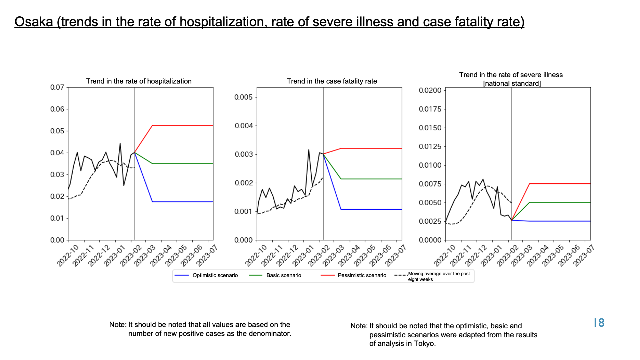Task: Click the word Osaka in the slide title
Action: tap(34, 22)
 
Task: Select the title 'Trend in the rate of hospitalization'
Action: tap(139, 81)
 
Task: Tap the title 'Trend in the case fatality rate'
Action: tap(332, 81)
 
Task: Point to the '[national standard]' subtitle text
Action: tap(512, 84)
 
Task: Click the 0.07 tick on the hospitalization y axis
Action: tap(57, 87)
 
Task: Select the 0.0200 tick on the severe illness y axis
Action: tap(430, 90)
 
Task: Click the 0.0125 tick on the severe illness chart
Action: tap(430, 147)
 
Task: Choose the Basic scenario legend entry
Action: tap(275, 275)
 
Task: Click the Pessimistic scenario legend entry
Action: tap(354, 275)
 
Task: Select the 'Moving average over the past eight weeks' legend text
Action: tap(439, 276)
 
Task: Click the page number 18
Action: tap(599, 323)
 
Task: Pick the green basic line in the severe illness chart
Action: tap(560, 203)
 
